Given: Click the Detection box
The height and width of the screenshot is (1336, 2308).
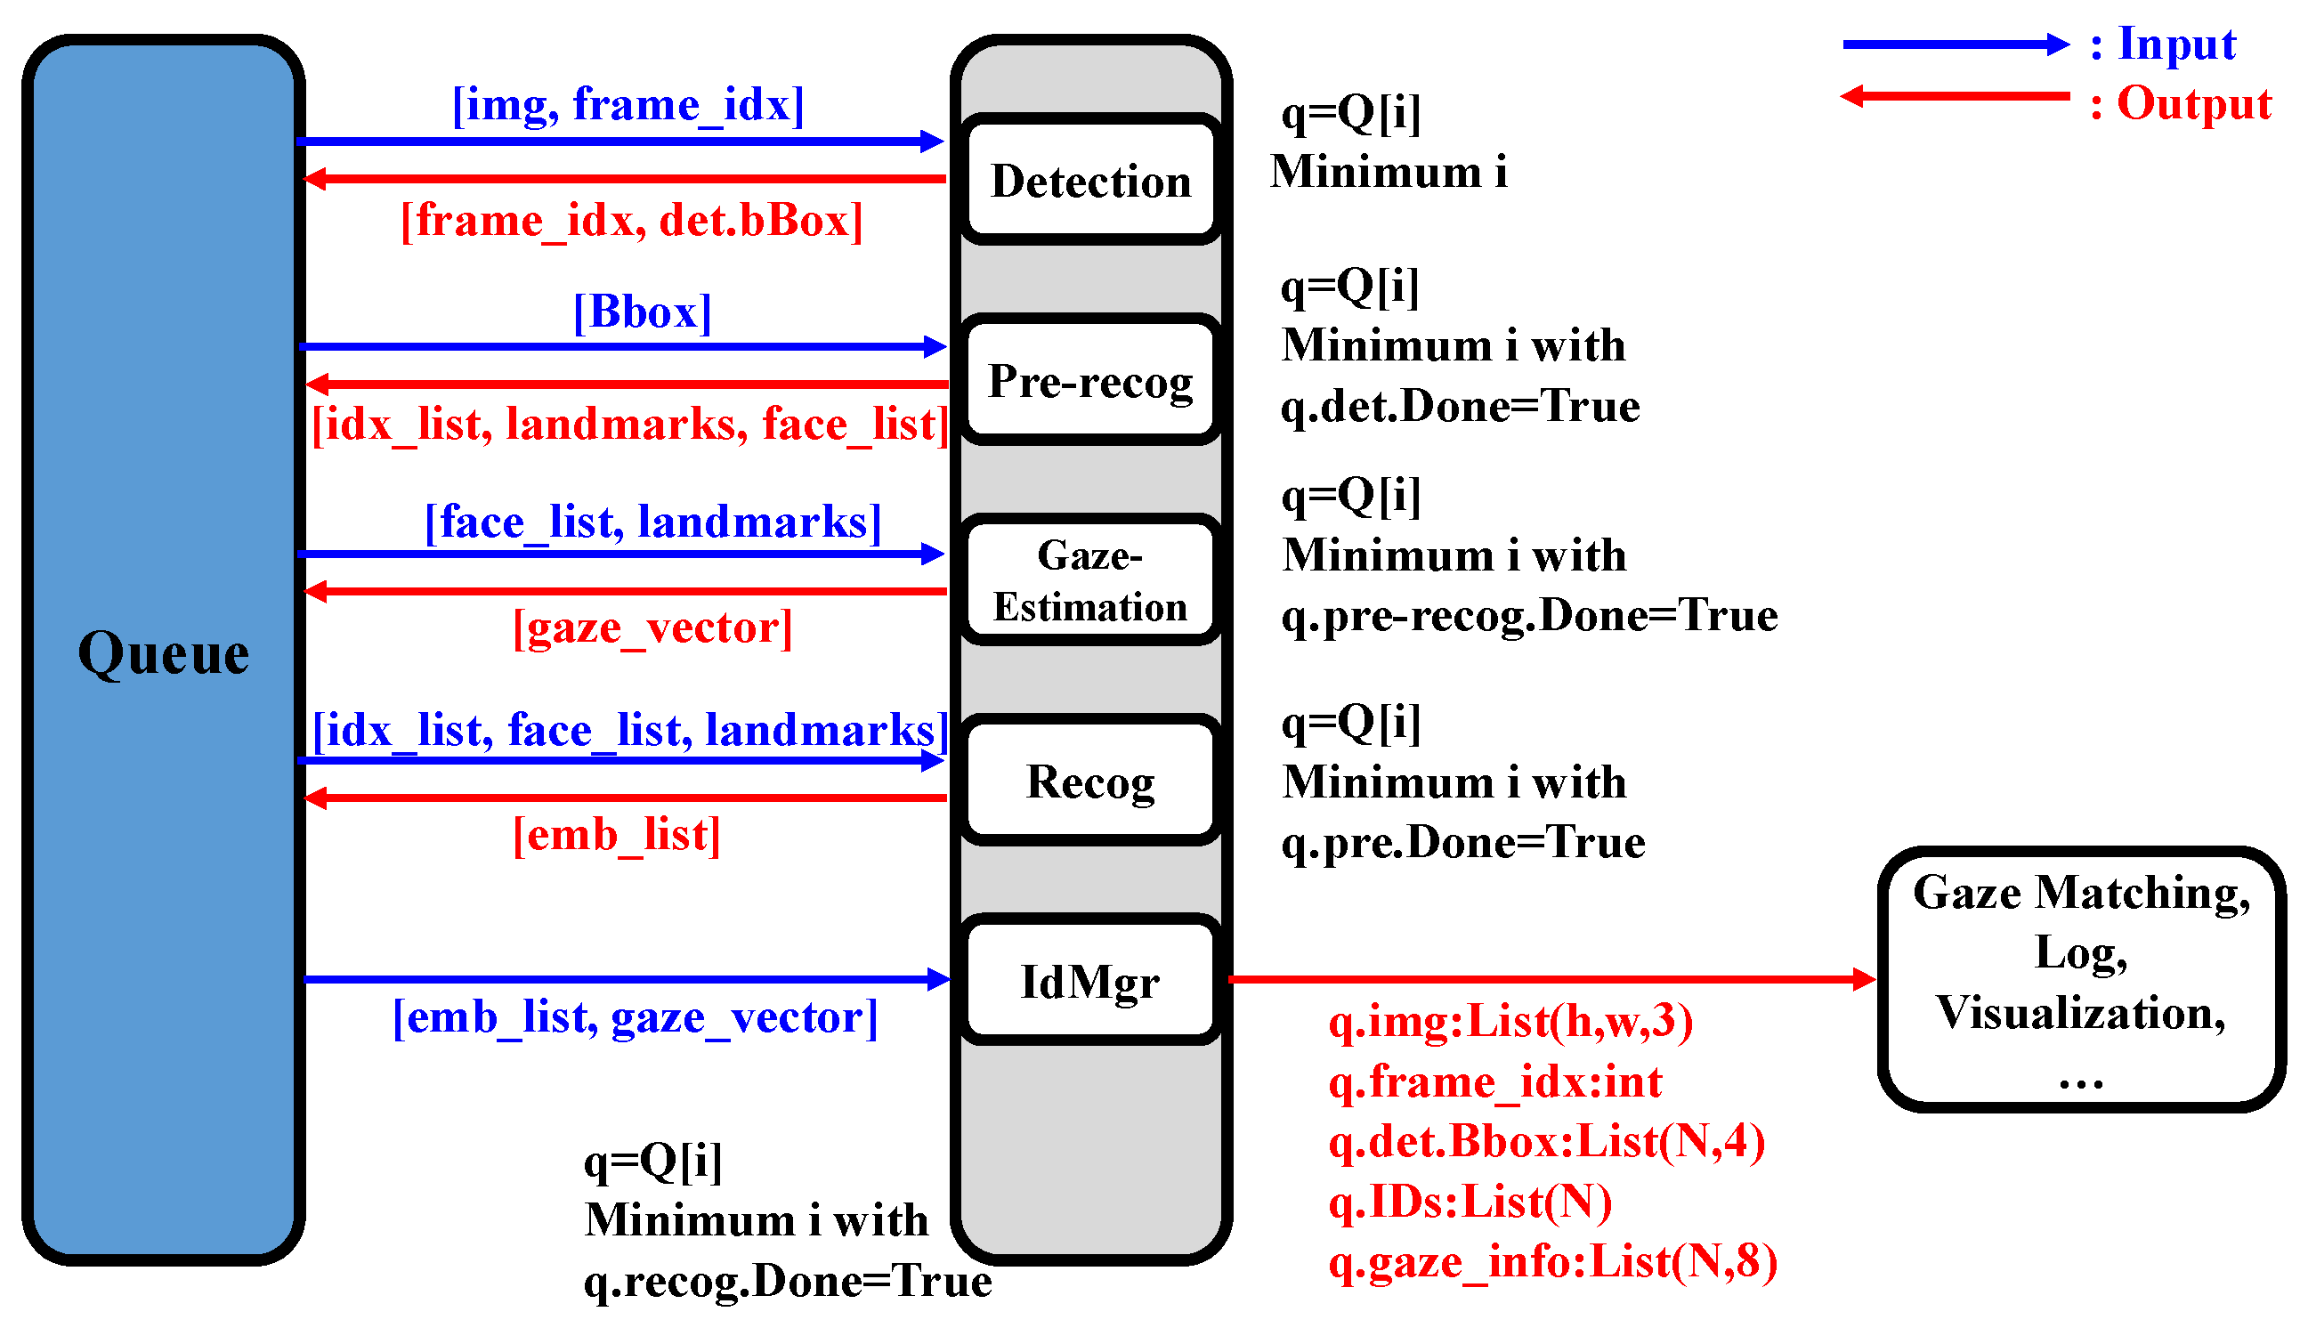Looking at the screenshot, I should [x=1091, y=181].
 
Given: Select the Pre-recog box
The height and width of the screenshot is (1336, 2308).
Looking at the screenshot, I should [x=1091, y=381].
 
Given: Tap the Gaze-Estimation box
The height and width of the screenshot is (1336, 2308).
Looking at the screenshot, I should [x=1091, y=580].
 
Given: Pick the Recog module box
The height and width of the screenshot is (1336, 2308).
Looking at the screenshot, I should [x=1091, y=781].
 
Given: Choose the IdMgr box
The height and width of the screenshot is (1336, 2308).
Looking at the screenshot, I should [x=1091, y=982].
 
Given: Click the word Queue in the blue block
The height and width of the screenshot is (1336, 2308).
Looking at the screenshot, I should [x=163, y=654].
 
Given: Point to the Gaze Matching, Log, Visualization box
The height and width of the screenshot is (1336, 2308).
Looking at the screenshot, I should [x=2081, y=980].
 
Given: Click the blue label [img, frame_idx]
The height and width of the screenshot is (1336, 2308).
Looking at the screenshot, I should [x=628, y=104].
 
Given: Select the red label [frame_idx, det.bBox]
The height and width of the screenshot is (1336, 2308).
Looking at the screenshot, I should [x=632, y=221].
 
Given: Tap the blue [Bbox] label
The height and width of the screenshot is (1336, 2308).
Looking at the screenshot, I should [x=642, y=312].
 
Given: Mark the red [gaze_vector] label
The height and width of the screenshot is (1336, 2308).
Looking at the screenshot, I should [x=652, y=628].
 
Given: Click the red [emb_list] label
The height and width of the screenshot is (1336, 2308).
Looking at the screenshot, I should [x=616, y=835].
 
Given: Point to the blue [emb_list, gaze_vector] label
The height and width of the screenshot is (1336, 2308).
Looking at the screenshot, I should [x=635, y=1017].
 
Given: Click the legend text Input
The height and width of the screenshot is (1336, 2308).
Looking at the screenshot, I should [x=2177, y=44].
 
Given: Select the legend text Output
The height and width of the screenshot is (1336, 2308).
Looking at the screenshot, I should [x=2193, y=103].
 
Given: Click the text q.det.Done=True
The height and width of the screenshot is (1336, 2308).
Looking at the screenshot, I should [x=1460, y=406].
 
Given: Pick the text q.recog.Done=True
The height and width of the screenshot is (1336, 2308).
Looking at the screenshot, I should [x=788, y=1280].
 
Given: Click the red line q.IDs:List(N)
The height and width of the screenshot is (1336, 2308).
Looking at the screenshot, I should [x=1470, y=1202].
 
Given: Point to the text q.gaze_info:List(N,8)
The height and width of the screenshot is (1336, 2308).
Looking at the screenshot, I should [x=1552, y=1262].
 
